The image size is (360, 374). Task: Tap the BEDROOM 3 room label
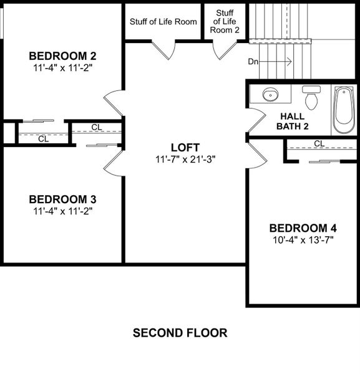62,199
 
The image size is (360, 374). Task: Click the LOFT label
186,148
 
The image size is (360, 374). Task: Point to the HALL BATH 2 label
293,121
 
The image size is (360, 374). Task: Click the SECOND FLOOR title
180,333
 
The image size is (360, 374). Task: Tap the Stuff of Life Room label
163,22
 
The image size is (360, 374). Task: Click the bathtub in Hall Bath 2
344,110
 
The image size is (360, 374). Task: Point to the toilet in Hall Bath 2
311,98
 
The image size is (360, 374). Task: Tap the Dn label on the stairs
253,62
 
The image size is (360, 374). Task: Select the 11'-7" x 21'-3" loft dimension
186,160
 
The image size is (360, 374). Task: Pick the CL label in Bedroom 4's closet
319,143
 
